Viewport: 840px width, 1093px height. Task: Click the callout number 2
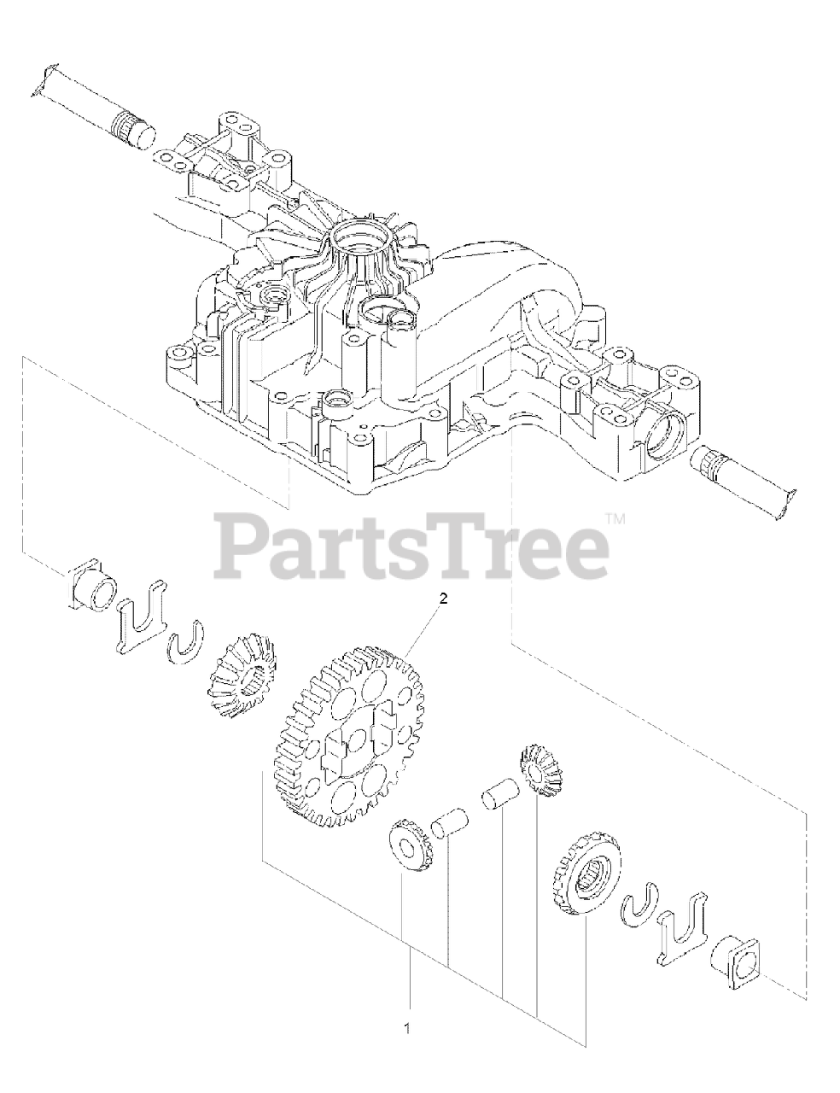pos(442,599)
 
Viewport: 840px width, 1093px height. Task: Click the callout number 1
pos(408,1029)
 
